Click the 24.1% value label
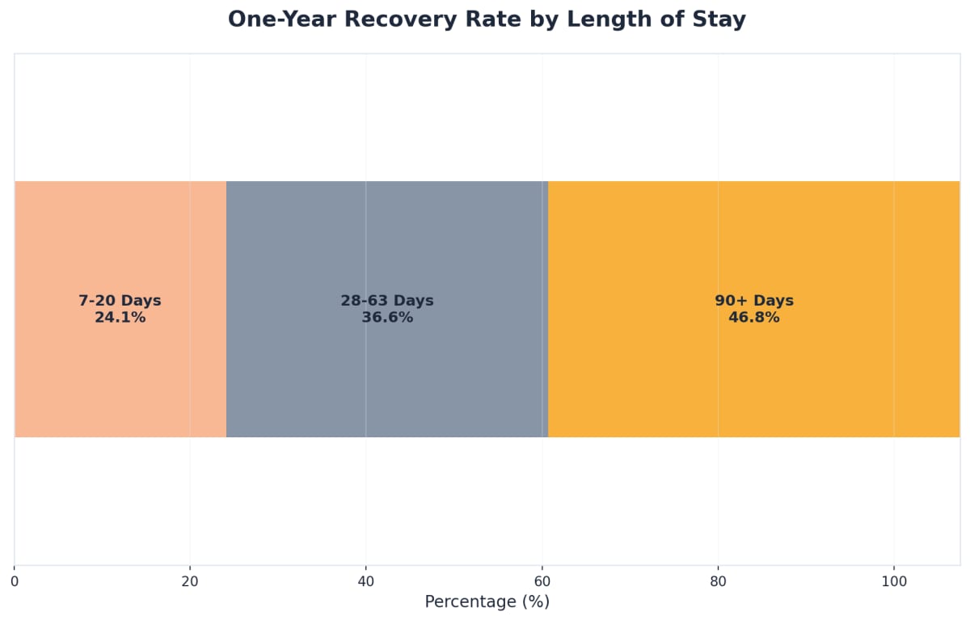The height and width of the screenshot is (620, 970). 120,318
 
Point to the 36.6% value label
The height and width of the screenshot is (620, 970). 387,318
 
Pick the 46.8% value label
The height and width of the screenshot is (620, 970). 754,318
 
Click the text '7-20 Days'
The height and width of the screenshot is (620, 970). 120,301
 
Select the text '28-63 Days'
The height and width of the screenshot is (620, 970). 387,301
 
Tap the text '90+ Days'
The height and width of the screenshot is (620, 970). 754,301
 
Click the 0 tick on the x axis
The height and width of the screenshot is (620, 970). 15,581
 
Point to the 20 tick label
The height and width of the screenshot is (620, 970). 190,581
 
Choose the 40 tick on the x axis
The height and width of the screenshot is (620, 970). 365,581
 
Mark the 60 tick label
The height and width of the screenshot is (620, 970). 542,581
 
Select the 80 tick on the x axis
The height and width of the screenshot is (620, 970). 718,581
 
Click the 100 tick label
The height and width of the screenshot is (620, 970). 894,581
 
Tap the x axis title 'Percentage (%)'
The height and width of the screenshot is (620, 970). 487,602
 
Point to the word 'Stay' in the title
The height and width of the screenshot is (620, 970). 719,19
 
